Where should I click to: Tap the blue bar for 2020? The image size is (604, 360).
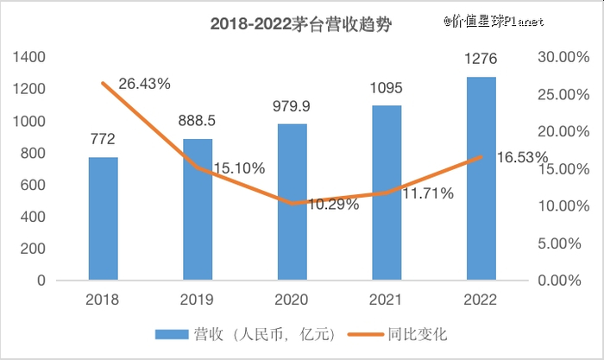click(x=292, y=202)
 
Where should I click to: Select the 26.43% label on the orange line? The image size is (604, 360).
click(x=144, y=84)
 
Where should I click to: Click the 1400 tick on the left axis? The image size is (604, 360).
click(x=29, y=57)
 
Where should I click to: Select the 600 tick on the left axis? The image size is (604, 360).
click(x=33, y=185)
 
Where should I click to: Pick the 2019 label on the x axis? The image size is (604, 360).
click(x=197, y=300)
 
